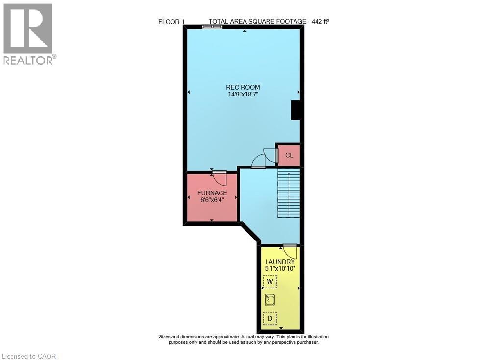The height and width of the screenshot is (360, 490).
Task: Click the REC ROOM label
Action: pyautogui.click(x=244, y=87)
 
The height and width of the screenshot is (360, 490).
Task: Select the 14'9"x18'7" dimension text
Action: pyautogui.click(x=244, y=95)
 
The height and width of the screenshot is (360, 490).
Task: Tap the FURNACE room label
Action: pyautogui.click(x=212, y=193)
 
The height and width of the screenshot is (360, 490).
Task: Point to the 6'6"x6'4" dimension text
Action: pyautogui.click(x=212, y=200)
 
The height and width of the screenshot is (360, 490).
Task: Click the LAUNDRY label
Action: pyautogui.click(x=280, y=261)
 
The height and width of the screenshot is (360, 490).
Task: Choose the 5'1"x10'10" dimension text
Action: pyautogui.click(x=280, y=268)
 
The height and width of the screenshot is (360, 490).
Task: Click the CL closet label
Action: pyautogui.click(x=289, y=155)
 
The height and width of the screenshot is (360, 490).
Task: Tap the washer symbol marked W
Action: pyautogui.click(x=269, y=281)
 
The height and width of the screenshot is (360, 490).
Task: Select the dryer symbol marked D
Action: pyautogui.click(x=269, y=318)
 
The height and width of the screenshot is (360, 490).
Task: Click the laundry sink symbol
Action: pyautogui.click(x=269, y=300)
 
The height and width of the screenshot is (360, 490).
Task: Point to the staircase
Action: pyautogui.click(x=289, y=193)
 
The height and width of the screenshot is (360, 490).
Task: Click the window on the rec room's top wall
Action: pyautogui.click(x=212, y=27)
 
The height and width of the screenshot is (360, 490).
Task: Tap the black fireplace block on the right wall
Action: pyautogui.click(x=296, y=110)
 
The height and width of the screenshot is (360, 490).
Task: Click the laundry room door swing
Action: pyautogui.click(x=290, y=251)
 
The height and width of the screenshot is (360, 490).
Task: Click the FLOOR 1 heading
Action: pyautogui.click(x=171, y=21)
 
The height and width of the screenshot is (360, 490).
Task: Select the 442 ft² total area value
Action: pyautogui.click(x=319, y=21)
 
